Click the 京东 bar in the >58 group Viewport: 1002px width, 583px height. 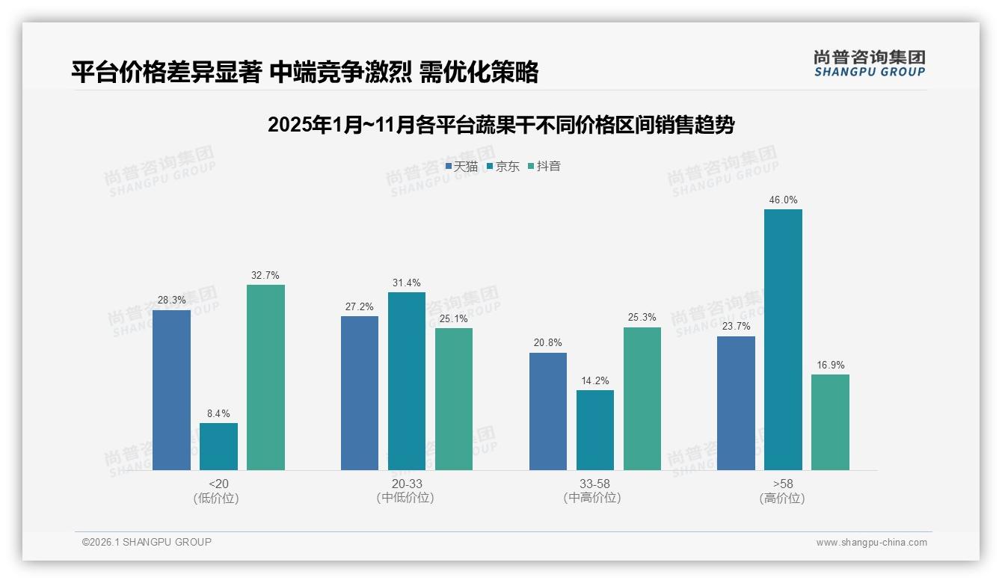click(x=783, y=339)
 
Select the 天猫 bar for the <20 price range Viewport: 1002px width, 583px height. click(x=171, y=389)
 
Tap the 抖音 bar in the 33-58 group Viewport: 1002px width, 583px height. click(x=642, y=398)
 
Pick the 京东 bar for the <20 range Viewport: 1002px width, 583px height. click(x=218, y=446)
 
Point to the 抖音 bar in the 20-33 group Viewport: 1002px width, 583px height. click(x=454, y=398)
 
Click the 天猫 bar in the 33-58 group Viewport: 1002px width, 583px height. click(x=548, y=411)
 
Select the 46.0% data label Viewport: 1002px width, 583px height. click(x=783, y=200)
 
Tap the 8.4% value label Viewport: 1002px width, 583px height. click(x=218, y=413)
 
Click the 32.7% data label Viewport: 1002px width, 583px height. click(x=265, y=275)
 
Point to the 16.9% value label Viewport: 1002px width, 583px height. click(x=830, y=365)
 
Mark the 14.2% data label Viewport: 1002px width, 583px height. click(x=594, y=380)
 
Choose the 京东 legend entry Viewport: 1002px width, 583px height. click(x=503, y=167)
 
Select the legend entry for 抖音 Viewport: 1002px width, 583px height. click(x=544, y=167)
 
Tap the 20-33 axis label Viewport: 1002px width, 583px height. click(x=406, y=484)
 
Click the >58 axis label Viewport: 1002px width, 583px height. click(x=782, y=484)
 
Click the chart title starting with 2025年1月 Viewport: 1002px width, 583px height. click(x=500, y=125)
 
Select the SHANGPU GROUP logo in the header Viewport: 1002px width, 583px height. click(x=869, y=63)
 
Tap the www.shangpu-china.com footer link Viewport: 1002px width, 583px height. click(x=871, y=543)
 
